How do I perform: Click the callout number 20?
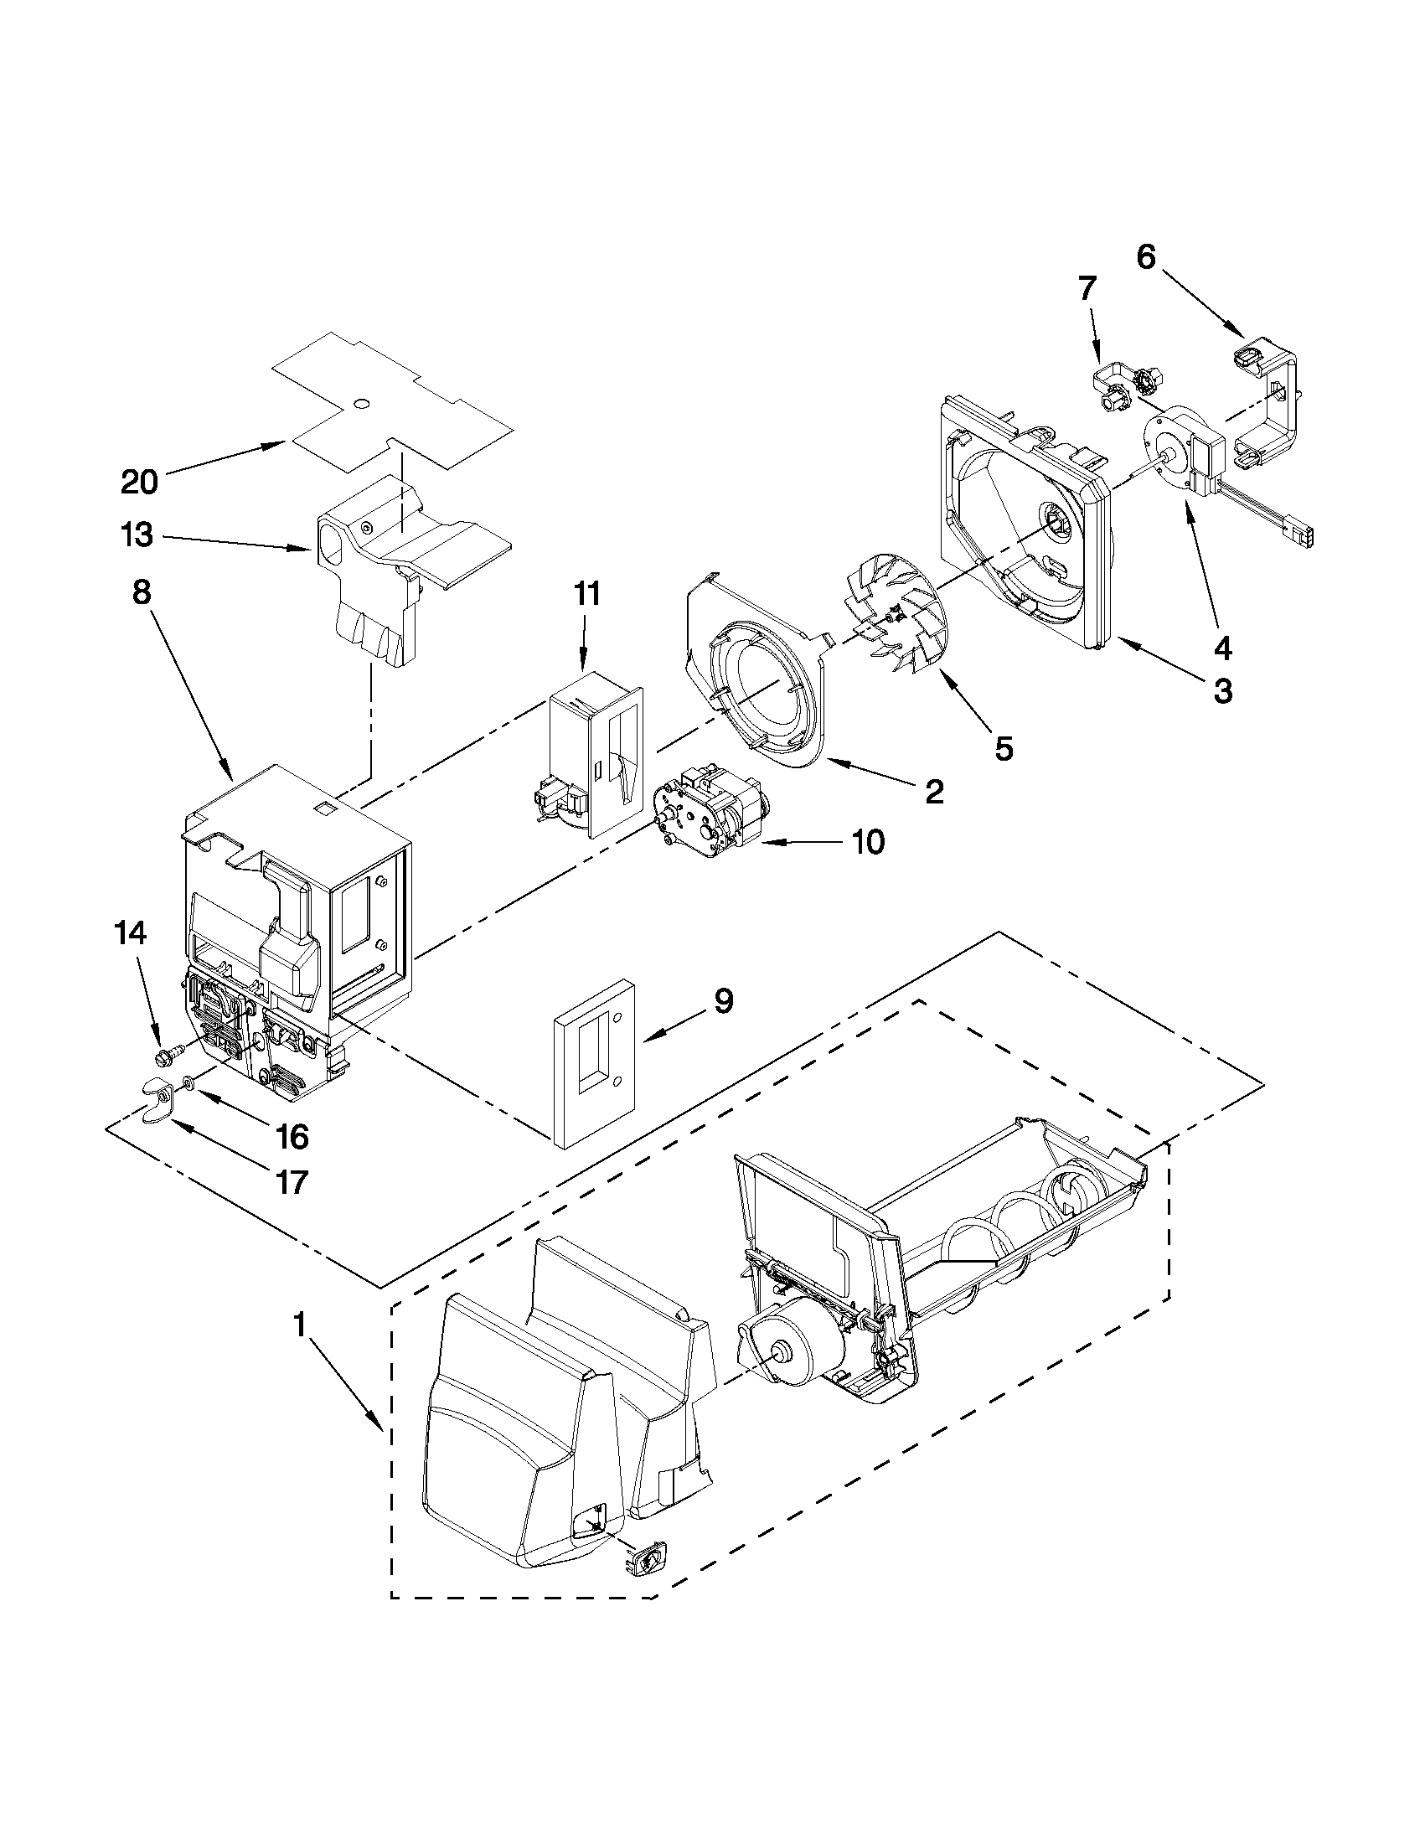click(x=139, y=482)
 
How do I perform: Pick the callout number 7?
click(x=1087, y=289)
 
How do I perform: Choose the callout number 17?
click(x=292, y=1182)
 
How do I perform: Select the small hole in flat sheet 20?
click(x=361, y=405)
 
